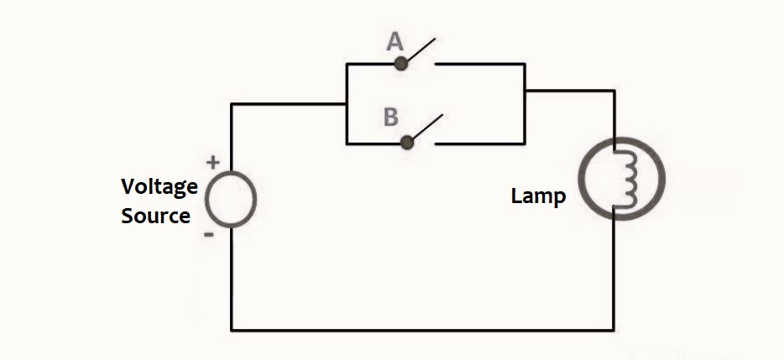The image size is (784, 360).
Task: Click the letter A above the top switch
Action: tap(394, 43)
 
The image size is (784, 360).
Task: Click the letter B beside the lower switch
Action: tap(390, 117)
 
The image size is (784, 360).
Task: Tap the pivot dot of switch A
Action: tap(401, 63)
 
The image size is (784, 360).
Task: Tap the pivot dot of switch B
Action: tap(408, 142)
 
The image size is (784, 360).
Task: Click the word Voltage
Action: tap(159, 187)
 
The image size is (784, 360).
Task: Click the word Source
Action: tap(156, 216)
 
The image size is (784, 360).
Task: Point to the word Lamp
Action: tap(538, 198)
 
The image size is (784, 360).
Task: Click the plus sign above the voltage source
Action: tap(213, 162)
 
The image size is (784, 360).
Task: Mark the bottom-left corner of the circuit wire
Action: tap(232, 328)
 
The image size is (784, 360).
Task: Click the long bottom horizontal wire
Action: tap(420, 328)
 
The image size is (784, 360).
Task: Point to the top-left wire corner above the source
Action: tap(232, 105)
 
